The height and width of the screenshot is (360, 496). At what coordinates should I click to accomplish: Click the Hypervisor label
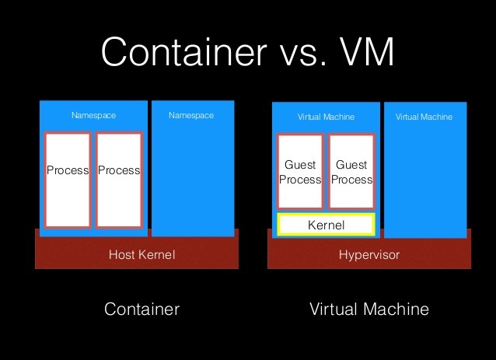point(369,254)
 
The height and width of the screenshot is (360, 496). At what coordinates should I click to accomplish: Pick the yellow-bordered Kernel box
point(327,225)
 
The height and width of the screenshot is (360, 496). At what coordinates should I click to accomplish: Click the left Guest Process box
point(300,172)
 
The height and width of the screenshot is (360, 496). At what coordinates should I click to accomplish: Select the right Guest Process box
point(351,172)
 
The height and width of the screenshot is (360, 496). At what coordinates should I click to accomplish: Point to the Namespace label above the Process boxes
point(93,116)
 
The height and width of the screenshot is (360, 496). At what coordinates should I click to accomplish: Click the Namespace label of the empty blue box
point(191,116)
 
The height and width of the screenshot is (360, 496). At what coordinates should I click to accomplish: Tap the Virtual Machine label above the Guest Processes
point(327,117)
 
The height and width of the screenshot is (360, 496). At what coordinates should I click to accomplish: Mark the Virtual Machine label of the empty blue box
point(424,117)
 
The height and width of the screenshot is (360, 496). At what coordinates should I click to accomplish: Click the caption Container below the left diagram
point(141,309)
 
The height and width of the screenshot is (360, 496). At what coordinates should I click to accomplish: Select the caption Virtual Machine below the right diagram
point(369,309)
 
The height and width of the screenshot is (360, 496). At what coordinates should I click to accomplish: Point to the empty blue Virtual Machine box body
point(425,179)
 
